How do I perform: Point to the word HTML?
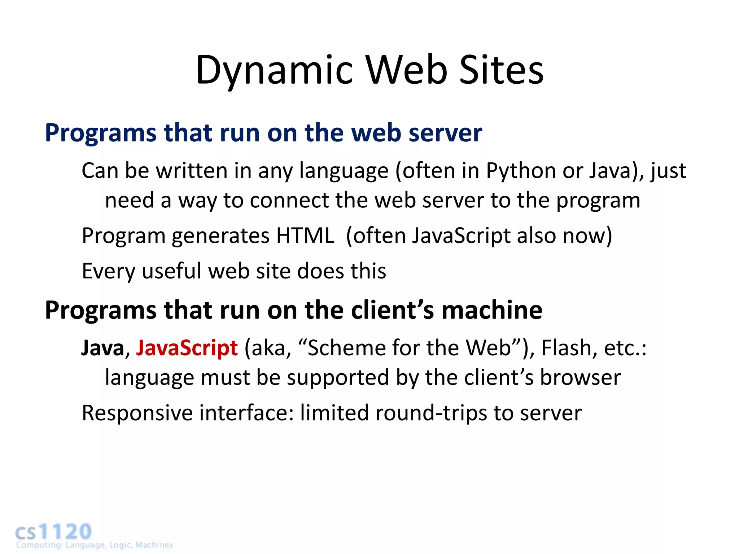(x=305, y=236)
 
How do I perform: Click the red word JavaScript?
(x=187, y=348)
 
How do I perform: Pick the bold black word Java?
(x=103, y=348)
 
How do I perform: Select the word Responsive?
(x=137, y=413)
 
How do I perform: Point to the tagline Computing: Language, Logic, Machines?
(x=95, y=545)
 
